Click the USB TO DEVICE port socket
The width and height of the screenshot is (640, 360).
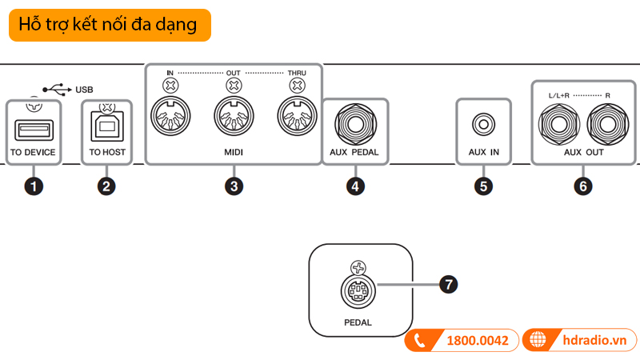(x=34, y=128)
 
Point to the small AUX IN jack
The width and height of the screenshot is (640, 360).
(x=483, y=124)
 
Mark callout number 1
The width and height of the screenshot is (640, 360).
(x=33, y=186)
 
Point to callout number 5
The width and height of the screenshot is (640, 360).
(x=482, y=186)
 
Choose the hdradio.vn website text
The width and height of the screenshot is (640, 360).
(x=594, y=340)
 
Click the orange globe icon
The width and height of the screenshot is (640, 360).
(x=538, y=340)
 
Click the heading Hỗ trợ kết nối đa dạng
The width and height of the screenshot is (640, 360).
(x=109, y=25)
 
